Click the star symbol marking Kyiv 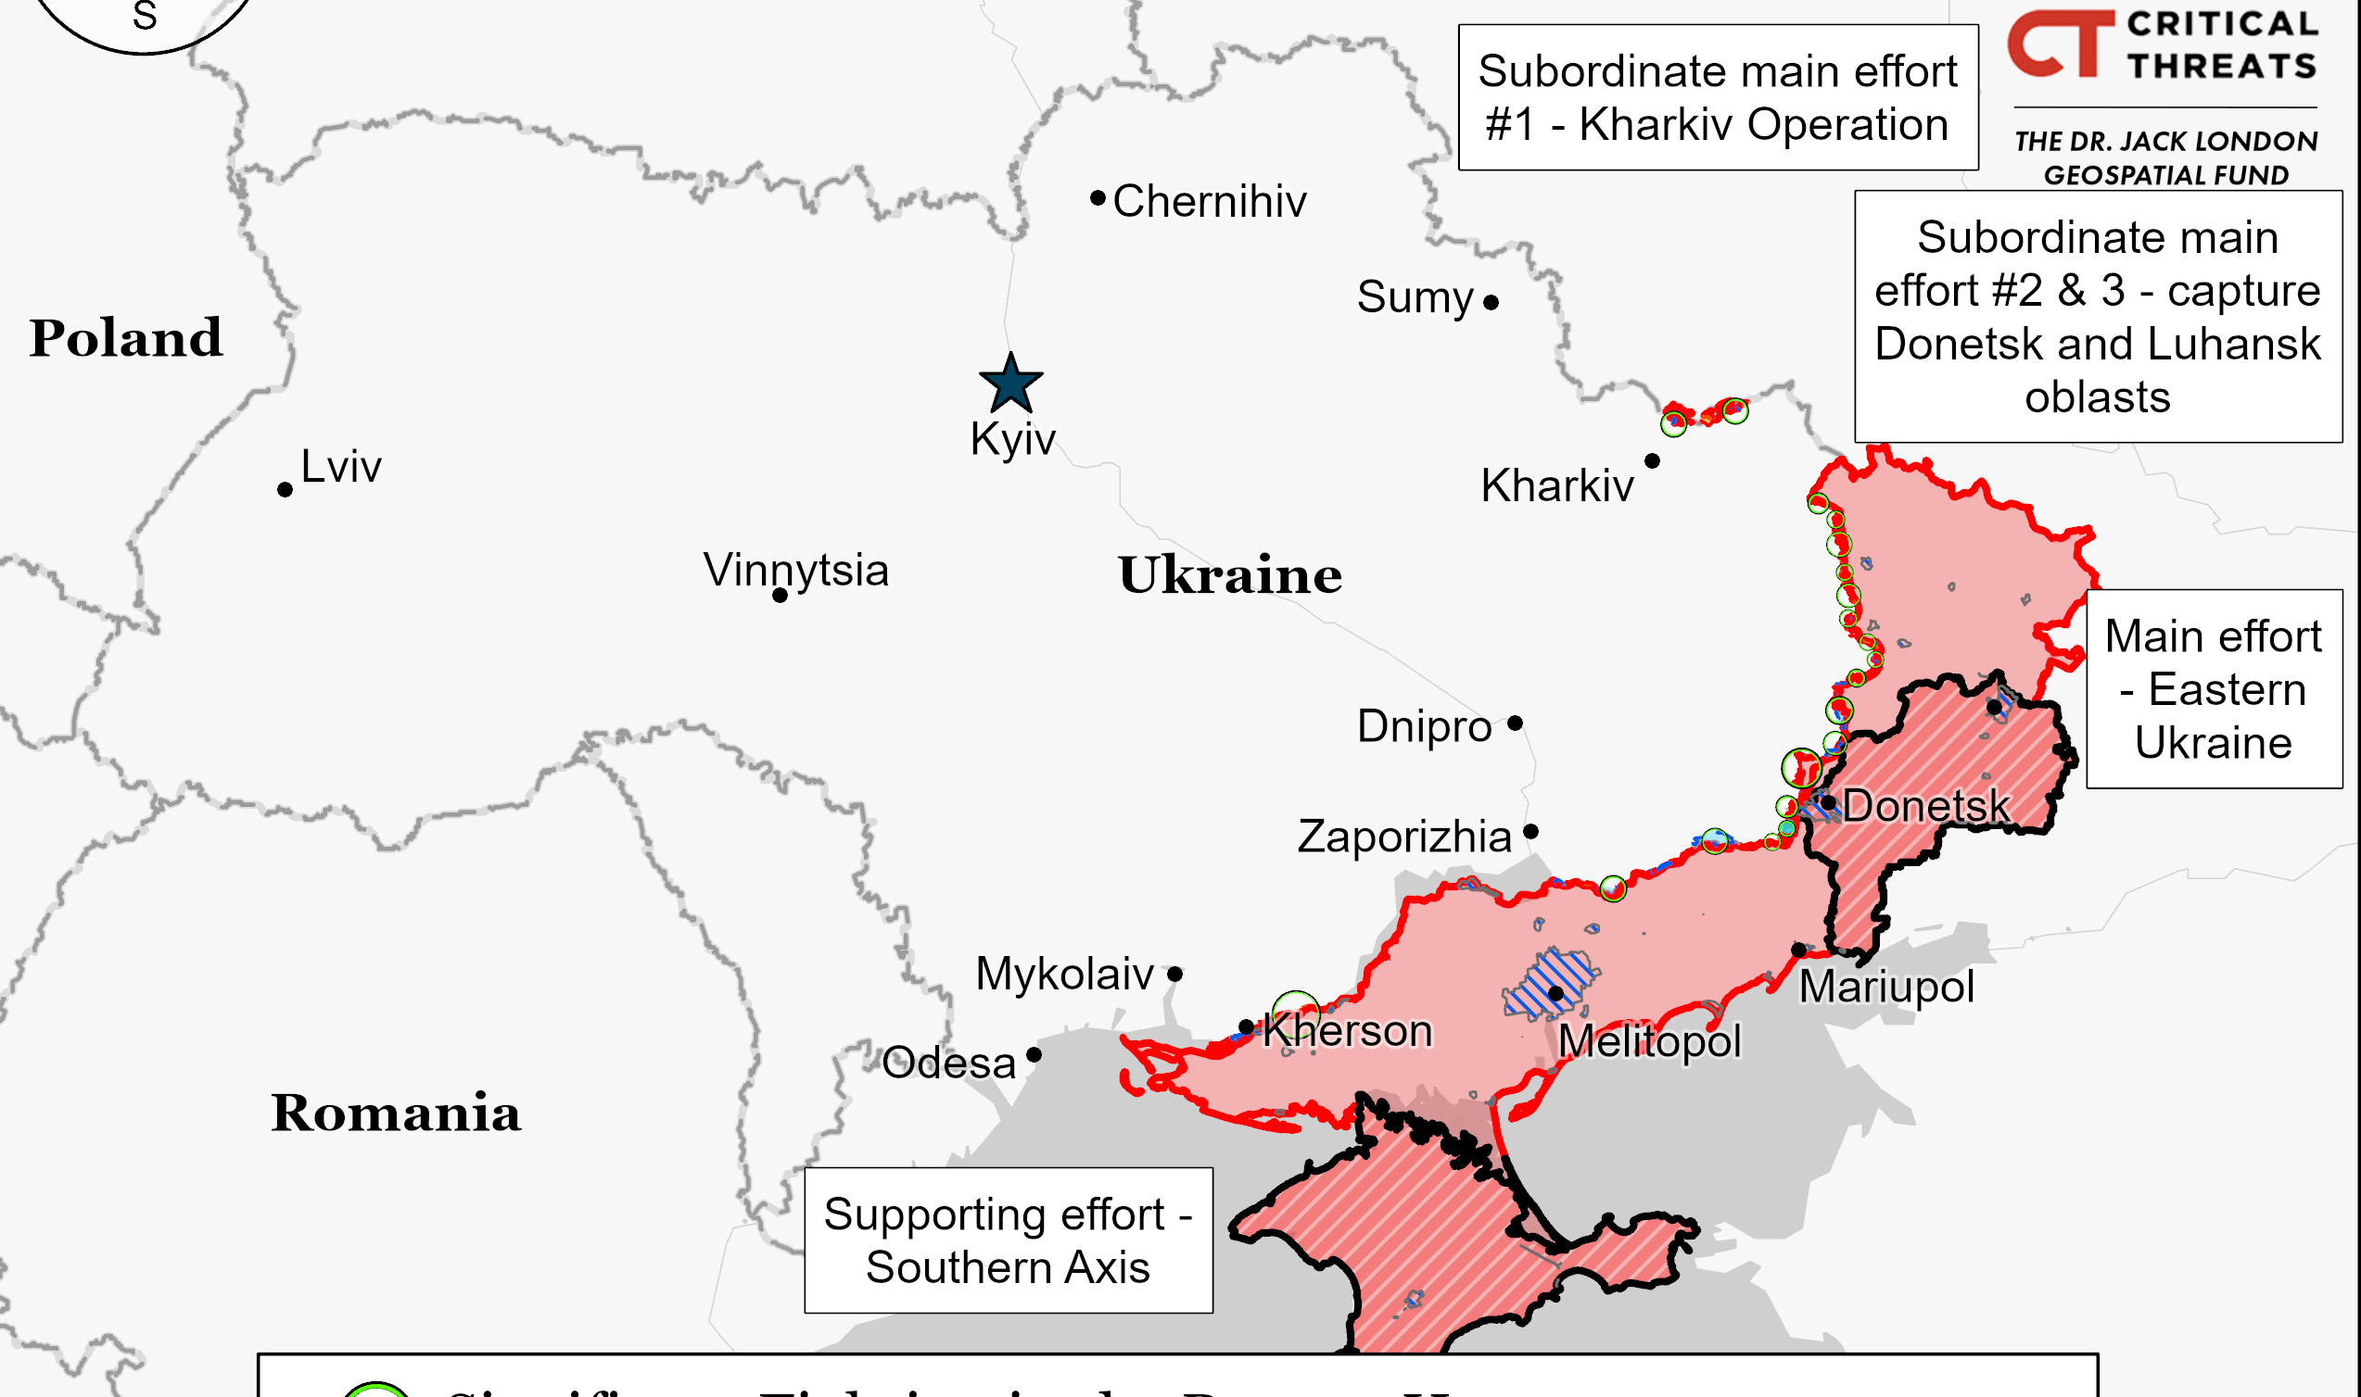click(1010, 384)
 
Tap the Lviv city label click(341, 466)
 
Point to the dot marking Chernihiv click(1098, 197)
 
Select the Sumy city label click(1415, 297)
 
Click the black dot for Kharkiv click(1652, 460)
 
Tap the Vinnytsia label click(795, 570)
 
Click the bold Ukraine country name click(1229, 575)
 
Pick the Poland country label click(125, 338)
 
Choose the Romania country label click(396, 1113)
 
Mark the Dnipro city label click(1424, 726)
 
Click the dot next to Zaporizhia click(1531, 831)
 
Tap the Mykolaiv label click(1064, 974)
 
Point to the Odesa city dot click(1035, 1054)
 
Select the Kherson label click(1348, 1031)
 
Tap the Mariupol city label click(1886, 987)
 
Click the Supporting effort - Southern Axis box click(1008, 1240)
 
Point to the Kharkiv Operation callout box click(1718, 98)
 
